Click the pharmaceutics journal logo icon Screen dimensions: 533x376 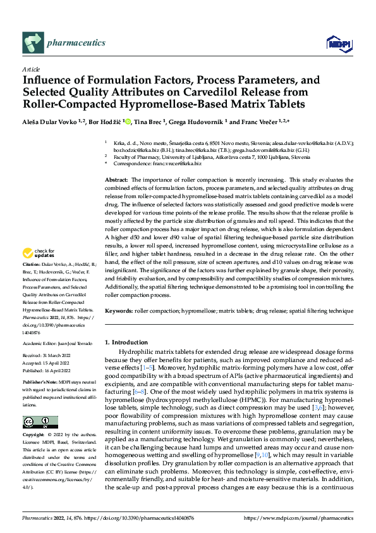tap(33, 42)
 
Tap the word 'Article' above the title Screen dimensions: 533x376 tap(31, 69)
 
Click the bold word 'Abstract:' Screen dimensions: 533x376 tap(116, 180)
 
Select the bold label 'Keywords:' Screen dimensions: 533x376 tap(119, 311)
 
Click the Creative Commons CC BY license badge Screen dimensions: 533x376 tap(40, 422)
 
